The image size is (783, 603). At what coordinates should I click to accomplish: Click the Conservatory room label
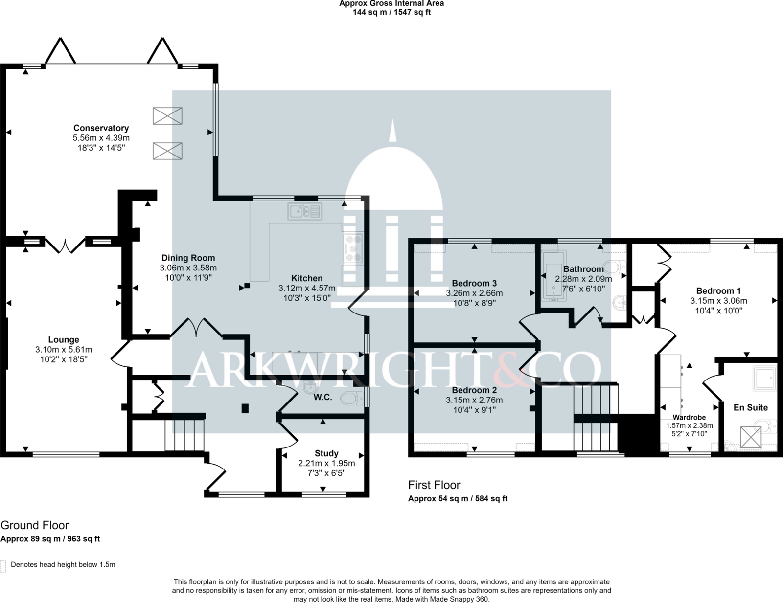pyautogui.click(x=101, y=128)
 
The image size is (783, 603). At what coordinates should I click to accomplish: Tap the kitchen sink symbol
pyautogui.click(x=305, y=211)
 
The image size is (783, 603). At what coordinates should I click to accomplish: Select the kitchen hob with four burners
pyautogui.click(x=353, y=248)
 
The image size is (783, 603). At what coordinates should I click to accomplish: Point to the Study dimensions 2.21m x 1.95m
pyautogui.click(x=326, y=463)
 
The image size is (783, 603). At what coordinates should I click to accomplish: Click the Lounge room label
pyautogui.click(x=64, y=339)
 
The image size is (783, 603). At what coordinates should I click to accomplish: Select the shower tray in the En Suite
pyautogui.click(x=764, y=379)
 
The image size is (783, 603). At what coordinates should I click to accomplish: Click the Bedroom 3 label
pyautogui.click(x=474, y=283)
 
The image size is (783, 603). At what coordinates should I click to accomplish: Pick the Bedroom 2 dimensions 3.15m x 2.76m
pyautogui.click(x=474, y=400)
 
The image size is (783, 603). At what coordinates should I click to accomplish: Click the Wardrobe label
pyautogui.click(x=690, y=417)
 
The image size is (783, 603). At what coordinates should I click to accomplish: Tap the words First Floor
pyautogui.click(x=434, y=485)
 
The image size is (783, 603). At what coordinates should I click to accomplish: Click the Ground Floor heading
pyautogui.click(x=35, y=525)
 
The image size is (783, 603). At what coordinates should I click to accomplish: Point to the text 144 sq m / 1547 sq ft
pyautogui.click(x=391, y=12)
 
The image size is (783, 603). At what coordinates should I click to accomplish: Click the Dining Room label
pyautogui.click(x=188, y=258)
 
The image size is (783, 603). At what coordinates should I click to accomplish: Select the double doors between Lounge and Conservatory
pyautogui.click(x=65, y=246)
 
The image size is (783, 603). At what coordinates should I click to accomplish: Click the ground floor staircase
pyautogui.click(x=184, y=434)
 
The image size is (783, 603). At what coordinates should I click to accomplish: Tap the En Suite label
pyautogui.click(x=751, y=407)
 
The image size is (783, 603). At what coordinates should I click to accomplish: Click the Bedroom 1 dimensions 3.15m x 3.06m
pyautogui.click(x=718, y=301)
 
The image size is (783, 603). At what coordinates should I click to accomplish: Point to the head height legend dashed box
pyautogui.click(x=3, y=566)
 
